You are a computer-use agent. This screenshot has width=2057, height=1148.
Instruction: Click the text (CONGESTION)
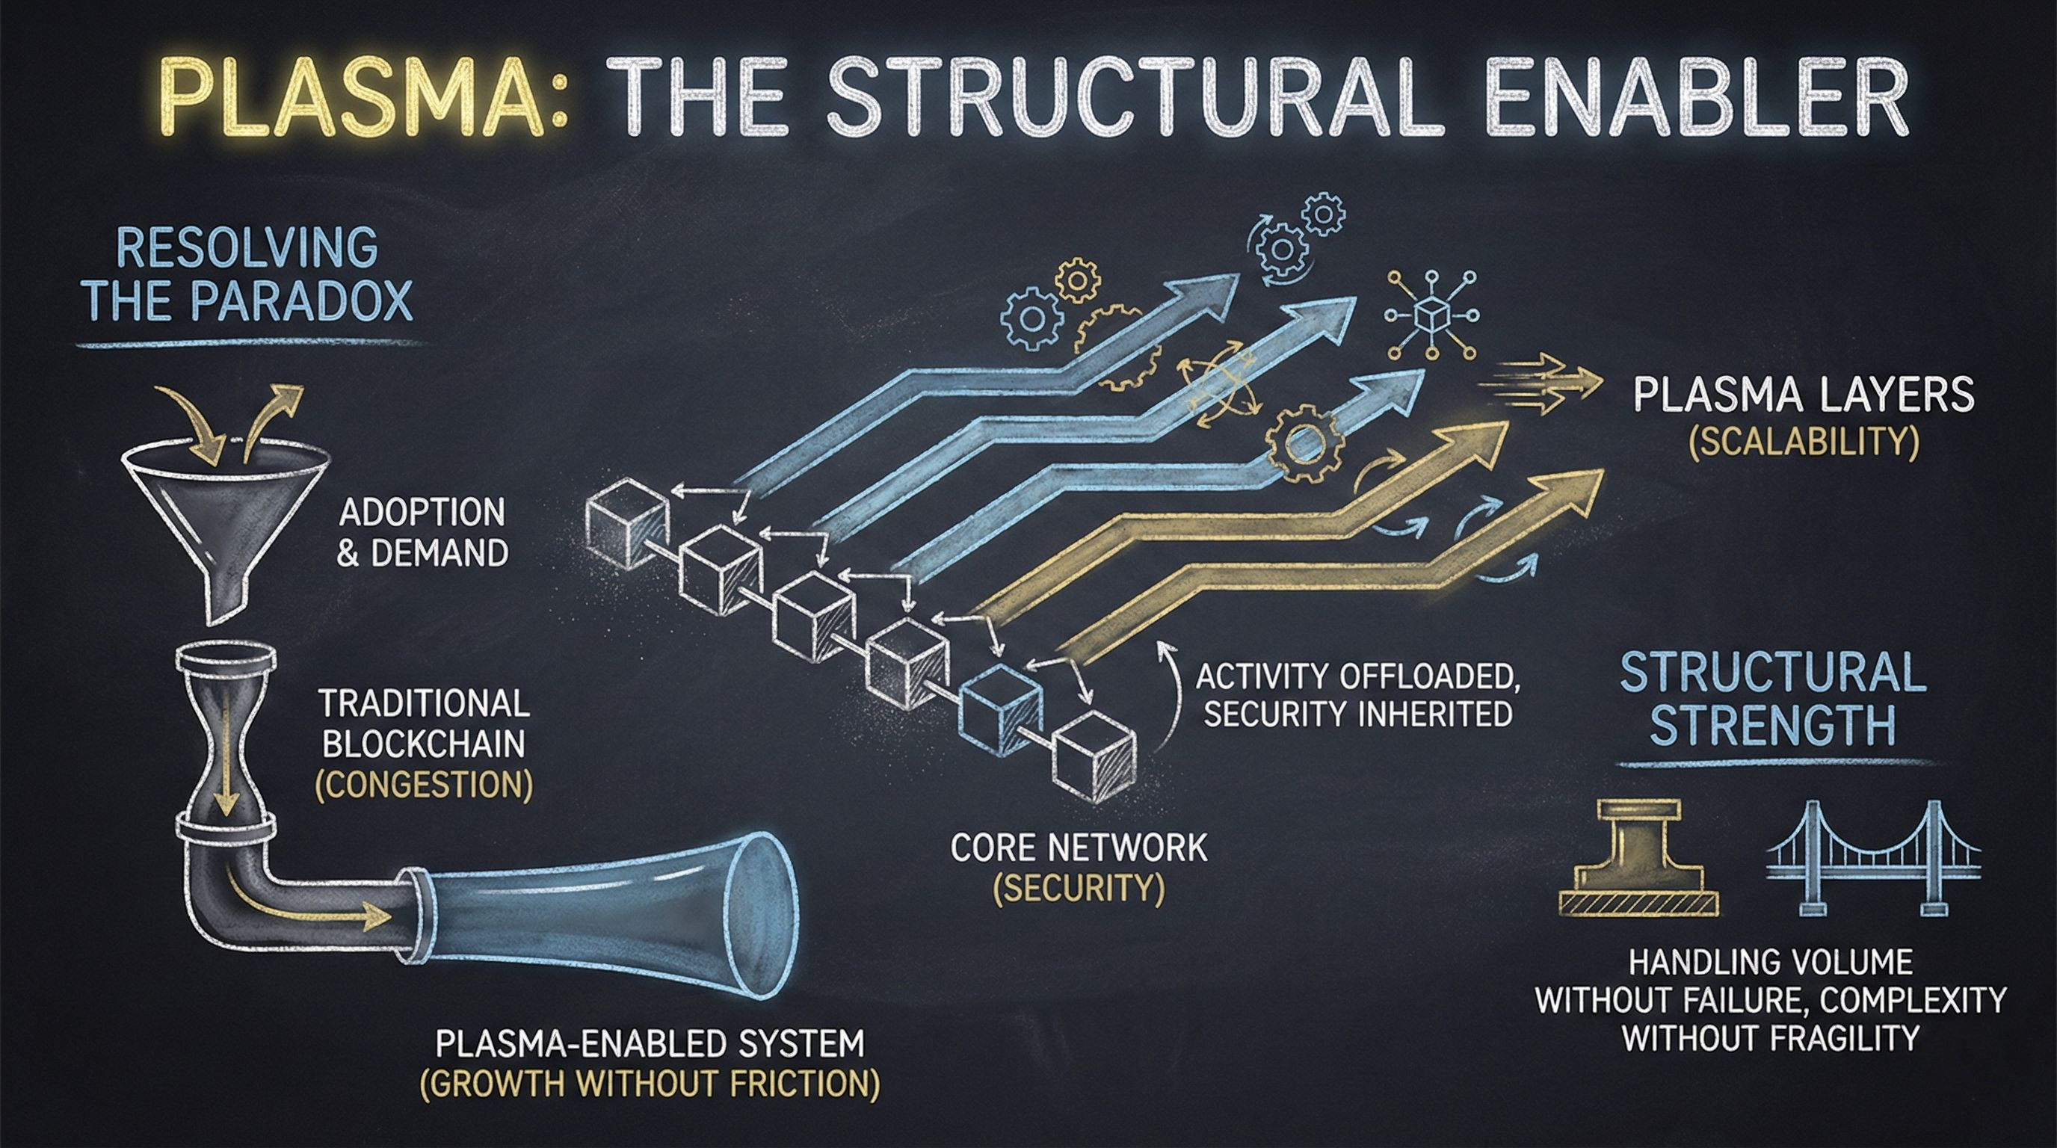click(424, 786)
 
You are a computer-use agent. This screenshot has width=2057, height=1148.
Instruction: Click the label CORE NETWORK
click(1078, 847)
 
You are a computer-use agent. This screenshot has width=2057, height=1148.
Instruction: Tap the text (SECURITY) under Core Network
click(1078, 889)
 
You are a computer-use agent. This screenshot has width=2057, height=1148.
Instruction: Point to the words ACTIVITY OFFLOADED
click(1357, 676)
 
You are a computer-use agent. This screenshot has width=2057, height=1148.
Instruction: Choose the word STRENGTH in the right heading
click(1772, 724)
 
